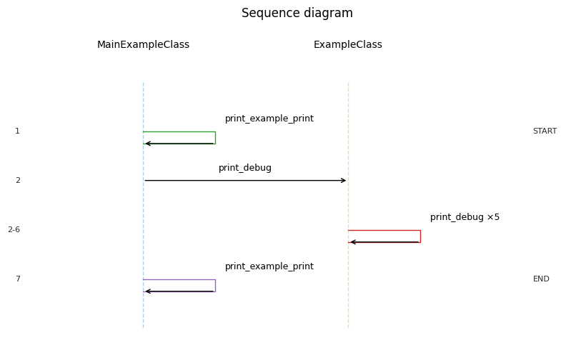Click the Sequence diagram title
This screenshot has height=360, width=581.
[x=297, y=14]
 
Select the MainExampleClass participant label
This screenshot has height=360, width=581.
[x=143, y=45]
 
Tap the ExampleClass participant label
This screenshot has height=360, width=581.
[x=347, y=45]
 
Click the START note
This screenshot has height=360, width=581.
[x=544, y=131]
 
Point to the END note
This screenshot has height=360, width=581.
[x=541, y=279]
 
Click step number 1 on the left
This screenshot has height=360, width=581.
[x=18, y=131]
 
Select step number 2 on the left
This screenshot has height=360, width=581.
[x=18, y=181]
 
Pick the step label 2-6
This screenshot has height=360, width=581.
[x=14, y=230]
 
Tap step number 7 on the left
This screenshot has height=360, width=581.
[x=18, y=279]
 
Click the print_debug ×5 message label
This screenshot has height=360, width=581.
[x=465, y=217]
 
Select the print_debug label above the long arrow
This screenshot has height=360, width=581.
[x=244, y=168]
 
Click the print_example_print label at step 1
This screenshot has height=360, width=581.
[x=269, y=119]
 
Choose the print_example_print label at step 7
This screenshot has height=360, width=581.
[x=269, y=266]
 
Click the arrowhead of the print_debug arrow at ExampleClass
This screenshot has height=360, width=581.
[x=344, y=181]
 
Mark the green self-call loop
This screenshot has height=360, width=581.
[x=214, y=137]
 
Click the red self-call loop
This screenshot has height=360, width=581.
[x=419, y=236]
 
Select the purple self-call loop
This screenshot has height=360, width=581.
[x=214, y=285]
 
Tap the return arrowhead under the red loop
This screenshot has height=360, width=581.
[x=352, y=242]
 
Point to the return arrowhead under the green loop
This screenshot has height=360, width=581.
[x=147, y=144]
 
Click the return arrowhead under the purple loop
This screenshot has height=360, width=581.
[x=147, y=291]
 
